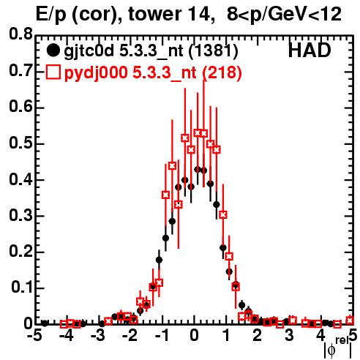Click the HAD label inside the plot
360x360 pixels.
pyautogui.click(x=310, y=50)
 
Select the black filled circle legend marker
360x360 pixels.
pyautogui.click(x=53, y=50)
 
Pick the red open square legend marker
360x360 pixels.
pyautogui.click(x=53, y=72)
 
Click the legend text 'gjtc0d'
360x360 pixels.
pyautogui.click(x=89, y=51)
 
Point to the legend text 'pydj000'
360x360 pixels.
pyautogui.click(x=96, y=73)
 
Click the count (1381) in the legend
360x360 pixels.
pyautogui.click(x=214, y=50)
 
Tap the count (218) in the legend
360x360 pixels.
pyautogui.click(x=222, y=72)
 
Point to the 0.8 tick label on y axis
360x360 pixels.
pyautogui.click(x=20, y=34)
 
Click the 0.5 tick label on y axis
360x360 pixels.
pyautogui.click(x=20, y=143)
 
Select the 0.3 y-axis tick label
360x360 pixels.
pyautogui.click(x=20, y=215)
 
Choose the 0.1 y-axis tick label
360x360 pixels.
pyautogui.click(x=21, y=288)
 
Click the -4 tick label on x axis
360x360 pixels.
pyautogui.click(x=66, y=336)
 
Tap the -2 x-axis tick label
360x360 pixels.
pyautogui.click(x=130, y=336)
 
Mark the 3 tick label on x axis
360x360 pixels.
pyautogui.click(x=289, y=336)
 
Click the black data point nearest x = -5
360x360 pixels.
pyautogui.click(x=45, y=323)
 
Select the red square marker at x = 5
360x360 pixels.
pyautogui.click(x=350, y=320)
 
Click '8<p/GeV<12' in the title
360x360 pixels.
pyautogui.click(x=284, y=15)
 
